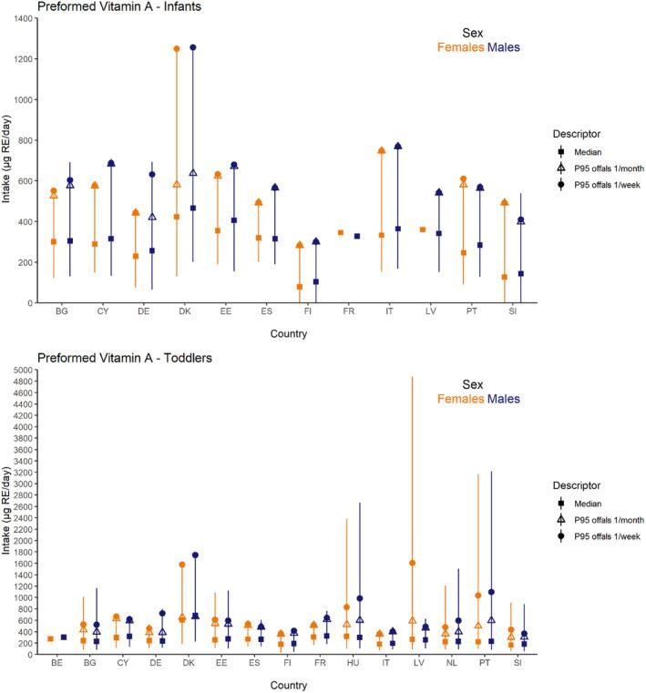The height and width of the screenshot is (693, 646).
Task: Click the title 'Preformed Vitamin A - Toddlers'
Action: (104, 357)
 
